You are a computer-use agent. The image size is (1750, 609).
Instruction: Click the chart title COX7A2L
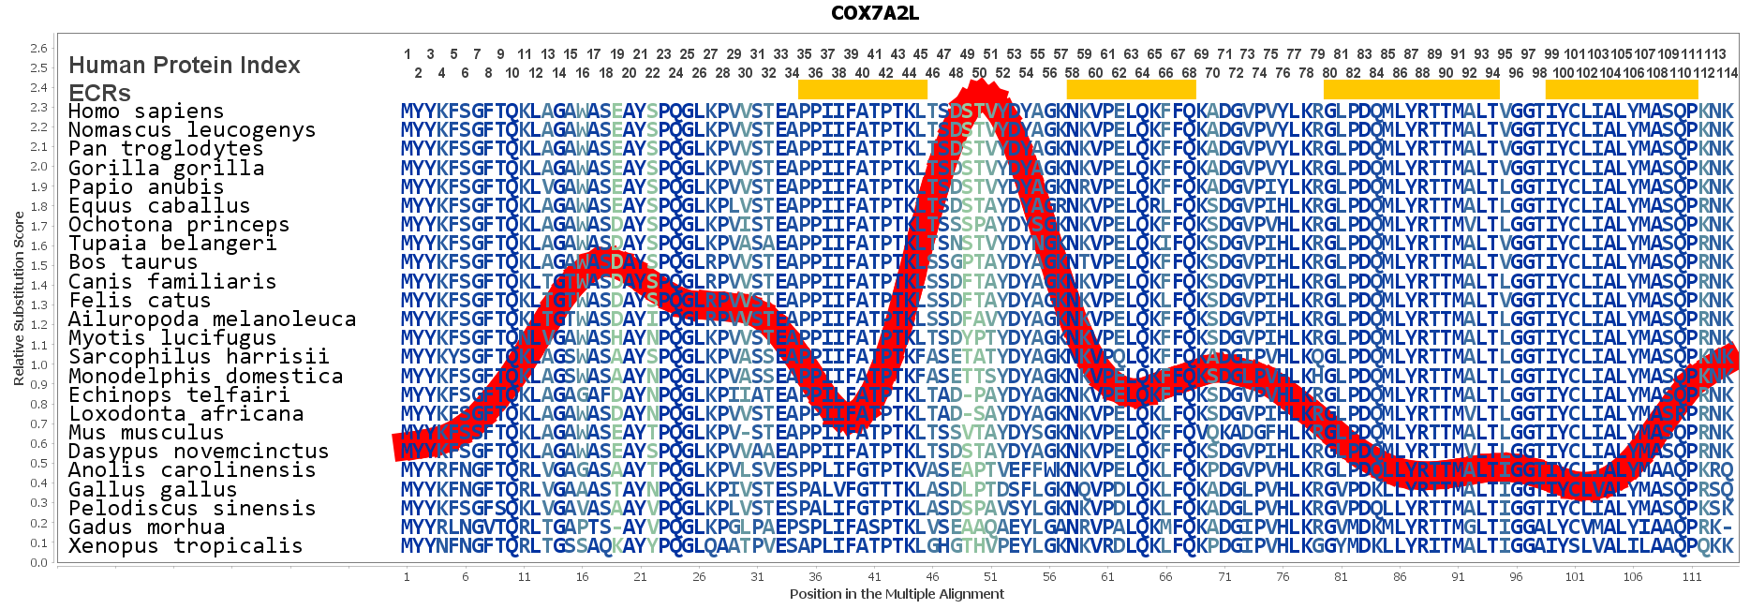(x=874, y=13)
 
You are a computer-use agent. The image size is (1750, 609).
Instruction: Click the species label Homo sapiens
(x=146, y=111)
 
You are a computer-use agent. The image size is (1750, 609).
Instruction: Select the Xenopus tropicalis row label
(x=185, y=546)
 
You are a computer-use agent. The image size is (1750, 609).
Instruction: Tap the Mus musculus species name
(x=146, y=433)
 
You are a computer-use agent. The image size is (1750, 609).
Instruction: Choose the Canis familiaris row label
(x=172, y=281)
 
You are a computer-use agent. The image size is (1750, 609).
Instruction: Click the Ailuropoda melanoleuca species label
(x=212, y=319)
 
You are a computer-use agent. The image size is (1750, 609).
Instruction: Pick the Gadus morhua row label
(x=146, y=527)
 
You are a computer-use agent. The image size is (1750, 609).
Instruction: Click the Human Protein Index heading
(x=185, y=66)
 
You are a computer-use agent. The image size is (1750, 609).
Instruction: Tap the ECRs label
(x=99, y=94)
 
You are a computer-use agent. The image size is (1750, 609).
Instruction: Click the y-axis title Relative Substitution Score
(x=19, y=298)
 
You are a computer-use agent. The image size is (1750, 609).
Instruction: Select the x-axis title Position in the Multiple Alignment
(x=897, y=594)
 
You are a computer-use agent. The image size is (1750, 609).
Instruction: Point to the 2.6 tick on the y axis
(x=38, y=49)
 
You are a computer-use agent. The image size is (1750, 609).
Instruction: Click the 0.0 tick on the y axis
(x=38, y=563)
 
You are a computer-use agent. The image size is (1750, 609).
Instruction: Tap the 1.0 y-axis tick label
(x=38, y=365)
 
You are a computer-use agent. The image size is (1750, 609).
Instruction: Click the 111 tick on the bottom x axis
(x=1691, y=577)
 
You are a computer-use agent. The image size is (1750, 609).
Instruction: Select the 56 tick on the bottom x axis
(x=1049, y=577)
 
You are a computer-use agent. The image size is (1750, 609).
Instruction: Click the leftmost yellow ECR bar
(x=862, y=89)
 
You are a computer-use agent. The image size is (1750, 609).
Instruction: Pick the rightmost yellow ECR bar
(x=1621, y=89)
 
